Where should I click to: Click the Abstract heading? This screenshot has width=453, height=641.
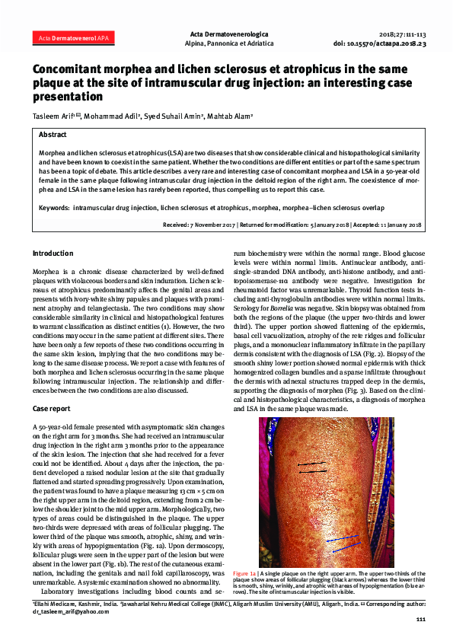click(x=53, y=134)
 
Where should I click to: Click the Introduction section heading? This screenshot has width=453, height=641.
click(x=53, y=253)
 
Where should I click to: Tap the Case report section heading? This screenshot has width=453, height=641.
click(x=53, y=408)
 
